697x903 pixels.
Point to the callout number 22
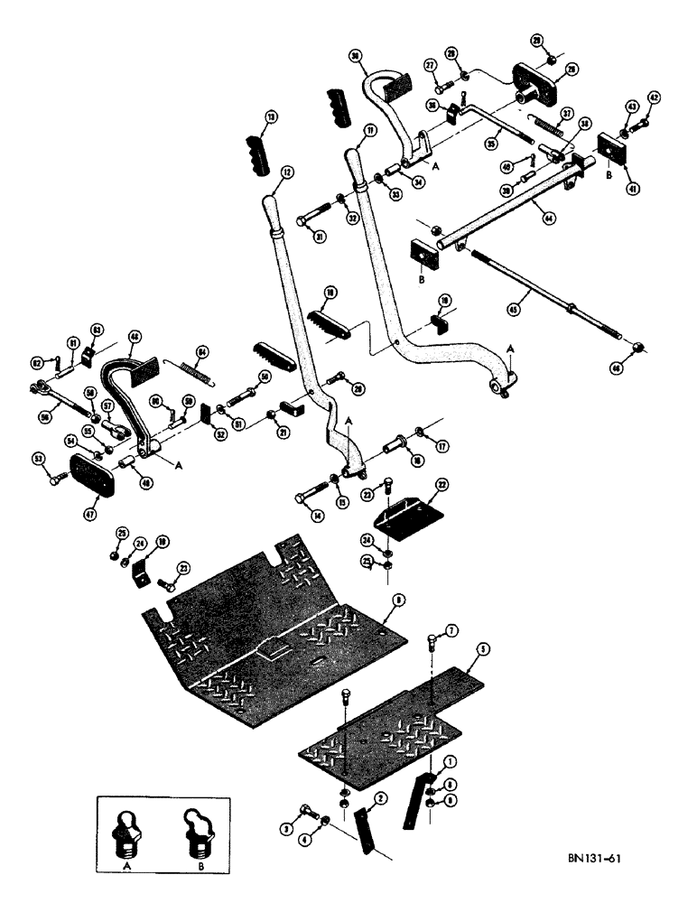pyautogui.click(x=441, y=484)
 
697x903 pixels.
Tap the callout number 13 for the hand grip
pyautogui.click(x=268, y=117)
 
